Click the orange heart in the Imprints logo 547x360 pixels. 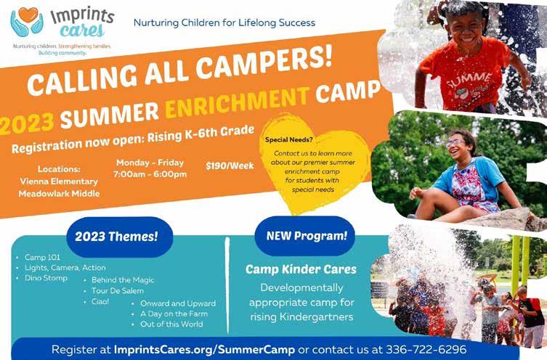click(28, 15)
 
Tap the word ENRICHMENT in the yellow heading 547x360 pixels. click(238, 102)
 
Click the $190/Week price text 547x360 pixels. click(230, 165)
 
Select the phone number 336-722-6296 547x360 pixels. click(426, 349)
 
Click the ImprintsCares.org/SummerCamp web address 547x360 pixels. click(204, 350)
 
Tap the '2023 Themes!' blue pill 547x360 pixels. click(116, 237)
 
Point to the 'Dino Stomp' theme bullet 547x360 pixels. click(46, 278)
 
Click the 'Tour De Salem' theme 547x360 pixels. click(117, 290)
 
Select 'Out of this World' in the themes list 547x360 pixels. click(171, 324)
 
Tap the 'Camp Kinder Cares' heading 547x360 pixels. click(301, 269)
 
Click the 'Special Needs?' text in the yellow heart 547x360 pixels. click(289, 140)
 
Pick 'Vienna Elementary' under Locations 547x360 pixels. click(59, 181)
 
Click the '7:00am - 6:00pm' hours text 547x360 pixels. click(150, 174)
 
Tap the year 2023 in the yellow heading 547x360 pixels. click(26, 124)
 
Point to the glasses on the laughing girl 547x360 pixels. click(455, 142)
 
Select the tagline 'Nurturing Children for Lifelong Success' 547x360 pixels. click(224, 23)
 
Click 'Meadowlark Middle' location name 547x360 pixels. click(59, 193)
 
